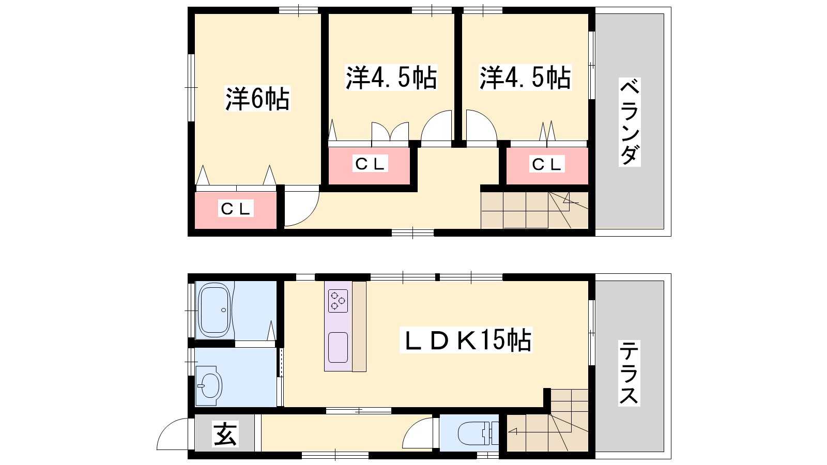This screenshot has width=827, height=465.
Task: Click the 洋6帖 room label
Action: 258,99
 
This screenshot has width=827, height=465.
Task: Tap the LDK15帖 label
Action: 466,340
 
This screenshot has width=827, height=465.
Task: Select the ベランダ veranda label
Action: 630,122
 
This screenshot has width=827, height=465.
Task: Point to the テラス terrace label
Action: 629,373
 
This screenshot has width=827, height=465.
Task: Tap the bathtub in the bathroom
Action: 215,310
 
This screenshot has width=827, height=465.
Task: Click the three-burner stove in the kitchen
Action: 338,300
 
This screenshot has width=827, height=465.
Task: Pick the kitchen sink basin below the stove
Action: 338,348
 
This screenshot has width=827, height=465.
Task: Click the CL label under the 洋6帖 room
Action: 236,209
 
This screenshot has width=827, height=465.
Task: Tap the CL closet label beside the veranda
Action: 547,164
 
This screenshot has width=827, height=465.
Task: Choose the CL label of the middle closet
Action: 370,163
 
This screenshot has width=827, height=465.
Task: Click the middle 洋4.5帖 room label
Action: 391,78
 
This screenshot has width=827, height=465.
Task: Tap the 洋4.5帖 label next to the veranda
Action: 525,78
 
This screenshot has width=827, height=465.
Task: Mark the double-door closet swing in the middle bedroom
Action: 390,131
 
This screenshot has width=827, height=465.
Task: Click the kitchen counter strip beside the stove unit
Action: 359,327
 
